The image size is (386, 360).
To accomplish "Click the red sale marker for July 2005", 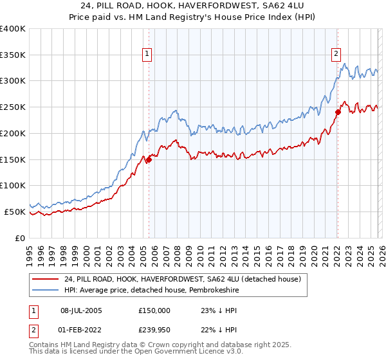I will pos(149,159).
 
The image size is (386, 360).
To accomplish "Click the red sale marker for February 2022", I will pos(337,112).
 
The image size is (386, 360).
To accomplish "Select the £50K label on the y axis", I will pos(14,212).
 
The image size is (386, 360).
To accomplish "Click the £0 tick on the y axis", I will pos(21,238).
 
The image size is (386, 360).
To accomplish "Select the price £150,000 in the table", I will pos(154,310).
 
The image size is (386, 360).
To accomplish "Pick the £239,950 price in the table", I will pos(154,329).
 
